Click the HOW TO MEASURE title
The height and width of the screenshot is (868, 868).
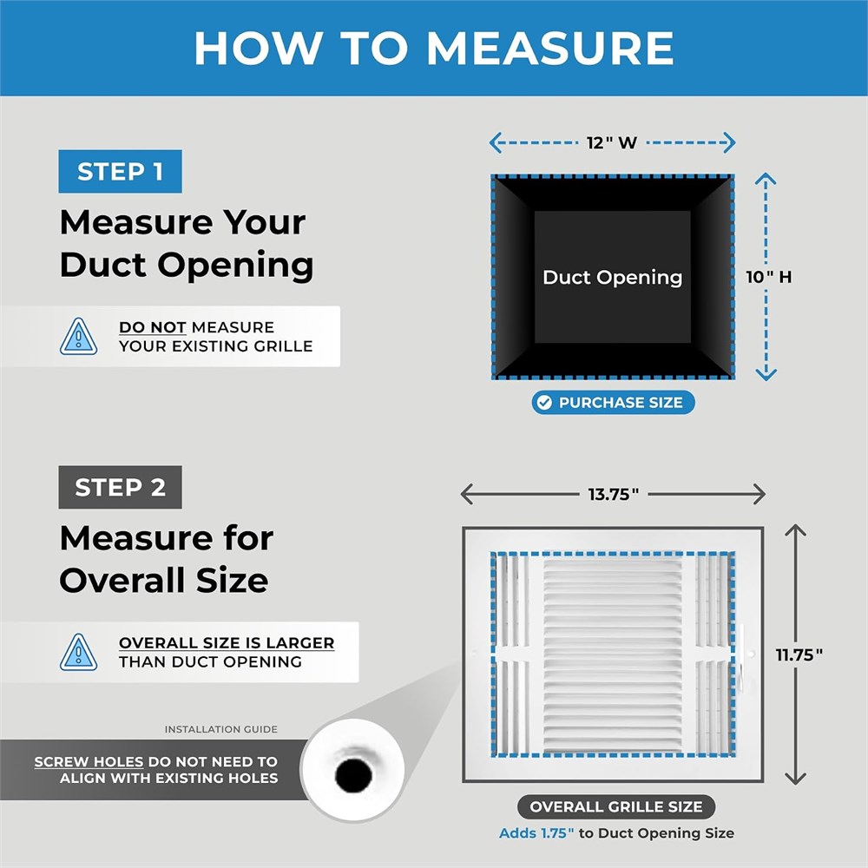[x=434, y=48]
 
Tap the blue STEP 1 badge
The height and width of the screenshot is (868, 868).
[x=120, y=172]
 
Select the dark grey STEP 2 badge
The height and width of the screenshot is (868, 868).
[x=120, y=487]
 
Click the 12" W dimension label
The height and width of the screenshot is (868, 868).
[x=612, y=143]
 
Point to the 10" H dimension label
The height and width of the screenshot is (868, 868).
[x=768, y=277]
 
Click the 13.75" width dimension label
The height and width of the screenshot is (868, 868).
[x=614, y=494]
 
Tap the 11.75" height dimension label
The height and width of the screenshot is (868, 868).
[x=799, y=654]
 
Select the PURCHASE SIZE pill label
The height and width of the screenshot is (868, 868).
[x=614, y=403]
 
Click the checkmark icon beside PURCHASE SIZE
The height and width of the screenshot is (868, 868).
[x=545, y=403]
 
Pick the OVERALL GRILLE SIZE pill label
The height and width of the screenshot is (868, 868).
[x=616, y=806]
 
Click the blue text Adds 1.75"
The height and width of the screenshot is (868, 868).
[x=536, y=833]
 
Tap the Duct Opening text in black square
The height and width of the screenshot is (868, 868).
[x=612, y=278]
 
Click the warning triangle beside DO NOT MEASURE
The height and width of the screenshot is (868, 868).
[x=79, y=337]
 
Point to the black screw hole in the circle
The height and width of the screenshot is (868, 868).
[x=353, y=775]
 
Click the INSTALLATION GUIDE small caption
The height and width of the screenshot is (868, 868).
[x=220, y=730]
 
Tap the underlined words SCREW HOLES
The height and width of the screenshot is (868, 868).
[x=89, y=762]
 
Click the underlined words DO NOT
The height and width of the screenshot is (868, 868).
[x=152, y=327]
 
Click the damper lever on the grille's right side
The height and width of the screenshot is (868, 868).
[x=740, y=659]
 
